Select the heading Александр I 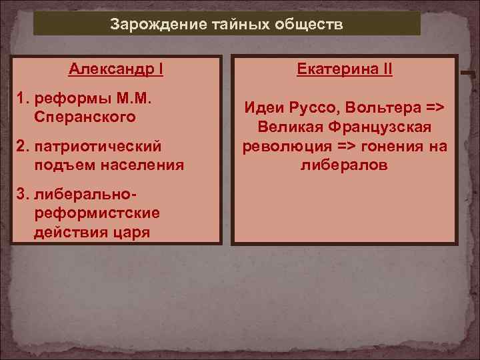(117, 69)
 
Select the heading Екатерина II (344, 69)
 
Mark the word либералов (344, 164)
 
